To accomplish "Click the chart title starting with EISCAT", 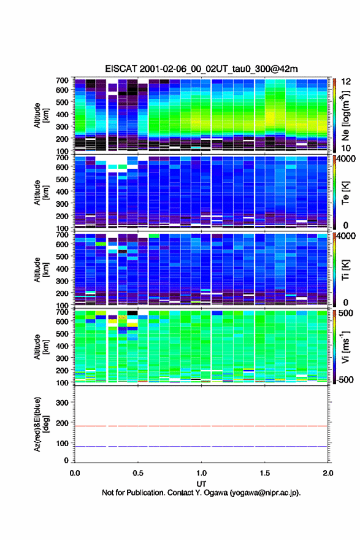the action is coord(201,69).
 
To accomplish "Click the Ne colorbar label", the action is coord(345,116).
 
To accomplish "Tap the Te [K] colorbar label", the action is coord(345,193).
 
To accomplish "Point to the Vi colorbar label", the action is coord(345,347).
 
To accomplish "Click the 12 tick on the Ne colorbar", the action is coord(346,82).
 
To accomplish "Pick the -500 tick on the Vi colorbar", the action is coord(345,379).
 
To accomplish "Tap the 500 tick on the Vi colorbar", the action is coord(346,313).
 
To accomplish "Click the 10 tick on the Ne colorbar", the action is coord(346,148).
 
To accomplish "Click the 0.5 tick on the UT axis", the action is coord(138,473).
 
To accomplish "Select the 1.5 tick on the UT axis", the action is coord(265,473).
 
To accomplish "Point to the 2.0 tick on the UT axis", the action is coord(328,473).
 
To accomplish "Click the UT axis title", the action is coord(201,484).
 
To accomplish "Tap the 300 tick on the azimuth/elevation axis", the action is coord(62,403).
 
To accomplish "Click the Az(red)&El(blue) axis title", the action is coord(41,424).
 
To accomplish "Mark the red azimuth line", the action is coord(201,426).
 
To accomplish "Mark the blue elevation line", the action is coord(201,446).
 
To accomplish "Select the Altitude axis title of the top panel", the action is coord(41,115).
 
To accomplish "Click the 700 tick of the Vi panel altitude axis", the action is coord(62,312).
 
